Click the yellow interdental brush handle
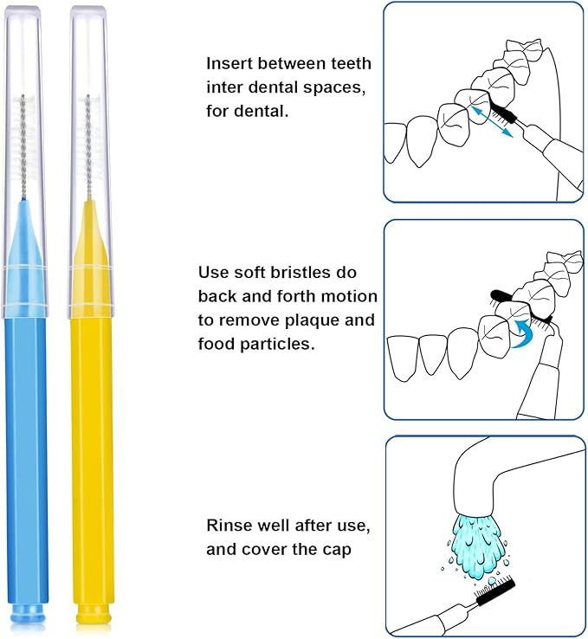(91, 450)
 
